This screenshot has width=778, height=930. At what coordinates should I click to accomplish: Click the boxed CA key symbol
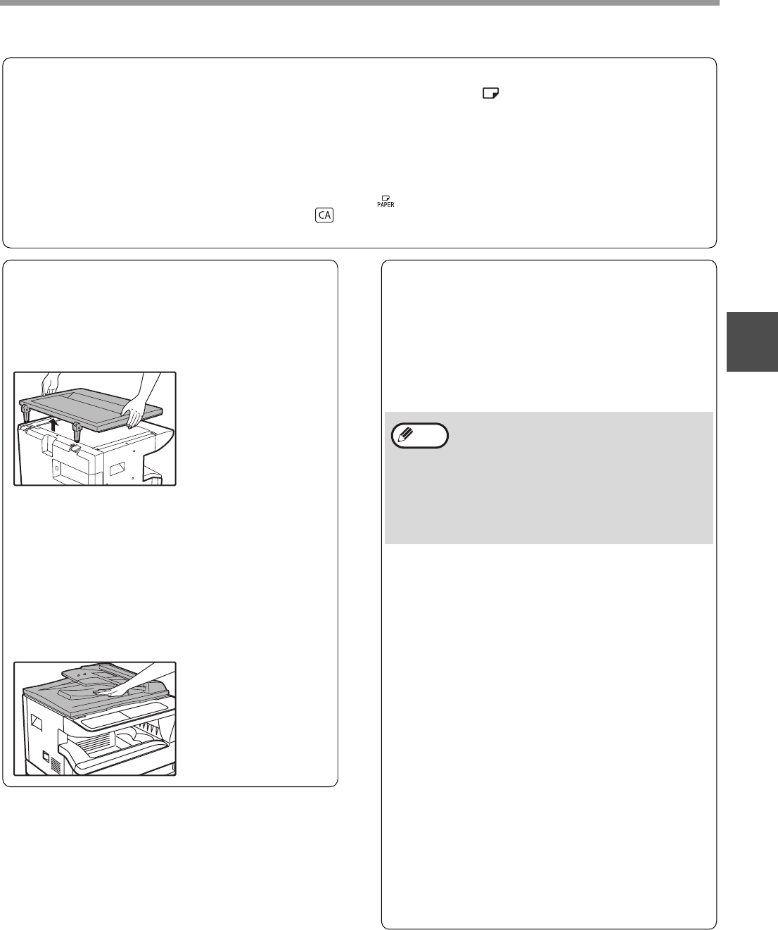point(324,215)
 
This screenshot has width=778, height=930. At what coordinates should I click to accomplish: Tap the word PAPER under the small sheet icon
point(385,205)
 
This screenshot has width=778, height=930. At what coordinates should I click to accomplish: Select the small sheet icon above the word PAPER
point(386,198)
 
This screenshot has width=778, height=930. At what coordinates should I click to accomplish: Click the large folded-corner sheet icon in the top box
point(490,93)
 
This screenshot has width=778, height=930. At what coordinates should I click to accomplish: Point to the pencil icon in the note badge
point(407,434)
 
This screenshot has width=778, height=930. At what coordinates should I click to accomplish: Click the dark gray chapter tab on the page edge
point(752,341)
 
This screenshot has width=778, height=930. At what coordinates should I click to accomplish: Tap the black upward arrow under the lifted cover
point(54,425)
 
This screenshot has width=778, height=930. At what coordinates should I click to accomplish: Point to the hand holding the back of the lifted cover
point(50,384)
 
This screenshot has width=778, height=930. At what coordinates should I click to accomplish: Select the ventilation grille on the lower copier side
point(56,765)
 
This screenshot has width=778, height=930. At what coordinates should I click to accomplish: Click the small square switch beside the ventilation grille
point(46,756)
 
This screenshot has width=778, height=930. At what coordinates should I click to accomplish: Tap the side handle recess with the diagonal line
point(36,722)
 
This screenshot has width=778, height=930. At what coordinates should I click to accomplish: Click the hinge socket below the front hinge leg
point(74,447)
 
